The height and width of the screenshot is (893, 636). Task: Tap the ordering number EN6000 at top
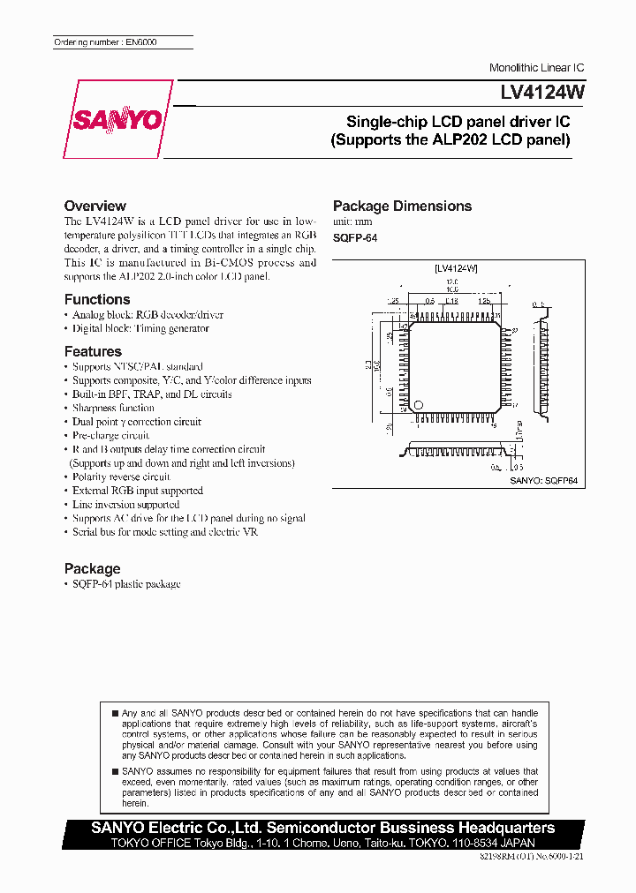pyautogui.click(x=105, y=42)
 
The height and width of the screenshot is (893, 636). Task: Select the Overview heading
pyautogui.click(x=95, y=206)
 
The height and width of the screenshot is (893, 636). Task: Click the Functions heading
pyautogui.click(x=97, y=299)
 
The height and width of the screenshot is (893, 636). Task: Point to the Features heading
pyautogui.click(x=93, y=351)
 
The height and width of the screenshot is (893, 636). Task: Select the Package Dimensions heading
pyautogui.click(x=402, y=206)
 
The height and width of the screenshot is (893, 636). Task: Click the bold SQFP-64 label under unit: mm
pyautogui.click(x=355, y=238)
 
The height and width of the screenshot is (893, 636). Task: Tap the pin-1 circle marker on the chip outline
pyautogui.click(x=420, y=405)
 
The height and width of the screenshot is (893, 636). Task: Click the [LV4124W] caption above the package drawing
pyautogui.click(x=456, y=267)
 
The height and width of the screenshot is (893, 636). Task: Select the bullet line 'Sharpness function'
pyautogui.click(x=113, y=408)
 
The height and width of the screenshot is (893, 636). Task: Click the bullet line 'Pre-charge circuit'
pyautogui.click(x=110, y=435)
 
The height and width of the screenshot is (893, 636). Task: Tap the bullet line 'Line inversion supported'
pyautogui.click(x=125, y=504)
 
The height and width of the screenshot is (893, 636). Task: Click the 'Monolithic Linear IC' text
pyautogui.click(x=536, y=68)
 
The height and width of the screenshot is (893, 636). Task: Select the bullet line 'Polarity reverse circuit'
pyautogui.click(x=121, y=477)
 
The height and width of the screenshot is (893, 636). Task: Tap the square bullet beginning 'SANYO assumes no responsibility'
pyautogui.click(x=114, y=771)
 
